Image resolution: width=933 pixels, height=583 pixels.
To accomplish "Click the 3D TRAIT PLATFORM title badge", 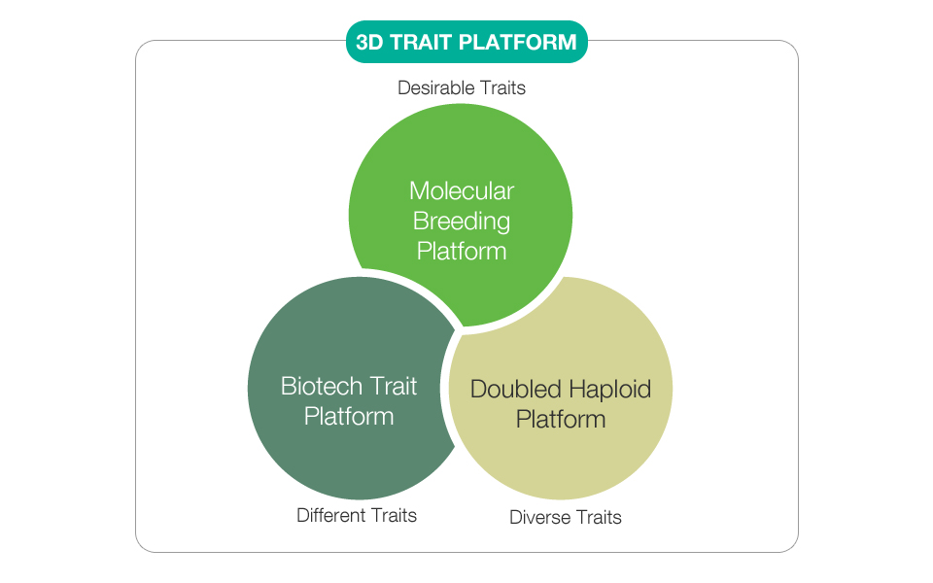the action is click(466, 42).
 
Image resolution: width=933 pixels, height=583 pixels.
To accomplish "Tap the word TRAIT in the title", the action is click(422, 42).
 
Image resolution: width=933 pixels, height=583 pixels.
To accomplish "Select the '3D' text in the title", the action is click(369, 42).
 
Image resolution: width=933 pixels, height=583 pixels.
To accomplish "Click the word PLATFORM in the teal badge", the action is click(518, 42).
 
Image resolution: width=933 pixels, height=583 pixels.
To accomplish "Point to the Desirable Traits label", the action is click(461, 88).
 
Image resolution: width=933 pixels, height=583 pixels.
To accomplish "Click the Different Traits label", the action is click(357, 515).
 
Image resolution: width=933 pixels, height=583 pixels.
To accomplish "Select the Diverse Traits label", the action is click(566, 517).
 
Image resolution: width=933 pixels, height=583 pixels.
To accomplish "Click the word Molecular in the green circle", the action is click(461, 191).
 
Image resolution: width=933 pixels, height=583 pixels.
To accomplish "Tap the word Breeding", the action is click(461, 222).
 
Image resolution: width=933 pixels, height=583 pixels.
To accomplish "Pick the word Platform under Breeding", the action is click(461, 251).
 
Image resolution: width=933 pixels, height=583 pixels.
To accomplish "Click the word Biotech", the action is click(322, 386).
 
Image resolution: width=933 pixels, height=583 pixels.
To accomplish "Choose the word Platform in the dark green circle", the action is click(349, 417).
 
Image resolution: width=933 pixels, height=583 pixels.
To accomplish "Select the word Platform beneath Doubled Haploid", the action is click(561, 420).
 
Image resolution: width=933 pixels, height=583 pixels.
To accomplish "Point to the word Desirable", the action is click(436, 88).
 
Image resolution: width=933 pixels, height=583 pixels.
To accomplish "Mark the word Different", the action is click(330, 515).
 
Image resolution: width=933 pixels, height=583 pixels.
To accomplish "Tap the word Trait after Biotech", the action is click(393, 386).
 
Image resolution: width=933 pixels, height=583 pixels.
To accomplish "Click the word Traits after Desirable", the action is click(502, 88).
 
